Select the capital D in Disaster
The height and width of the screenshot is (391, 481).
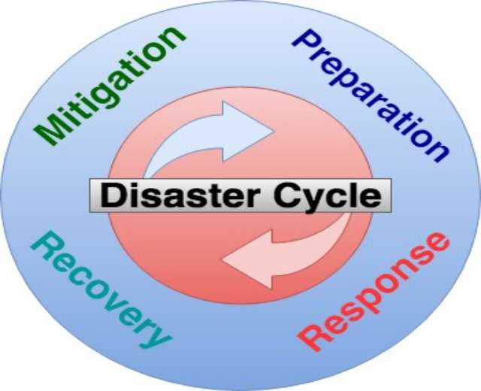111,196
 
